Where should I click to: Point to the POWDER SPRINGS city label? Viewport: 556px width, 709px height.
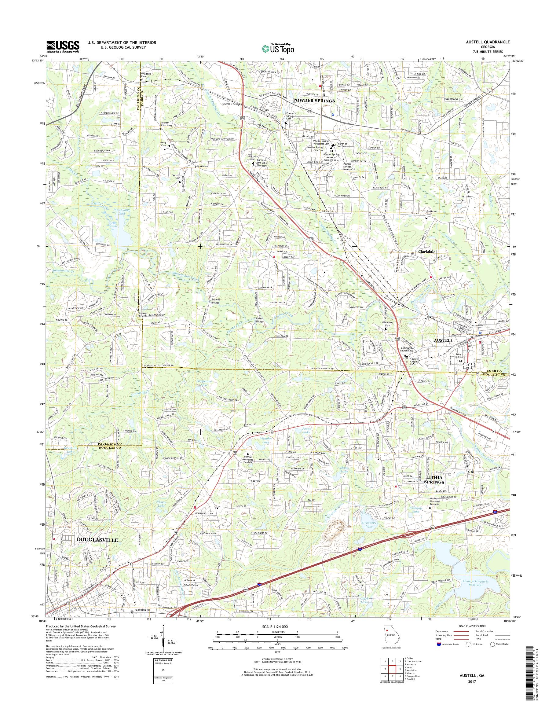tap(314, 101)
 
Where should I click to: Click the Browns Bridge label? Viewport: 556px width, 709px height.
tap(215, 301)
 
